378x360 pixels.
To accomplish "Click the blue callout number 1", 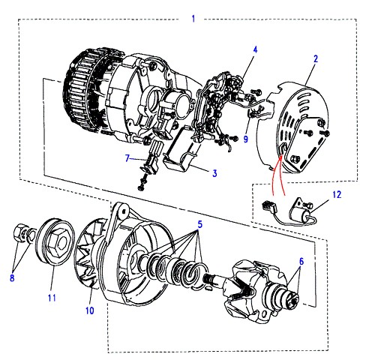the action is (x=193, y=19).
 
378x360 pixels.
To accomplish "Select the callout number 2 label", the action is (x=316, y=58).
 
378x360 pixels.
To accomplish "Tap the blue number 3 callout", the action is (x=214, y=173).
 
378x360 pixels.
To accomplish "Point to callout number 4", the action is (x=255, y=49).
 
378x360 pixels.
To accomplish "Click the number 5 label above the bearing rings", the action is (x=200, y=224).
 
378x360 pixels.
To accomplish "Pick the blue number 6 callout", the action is (x=301, y=262).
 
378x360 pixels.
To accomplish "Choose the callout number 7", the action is (x=127, y=158).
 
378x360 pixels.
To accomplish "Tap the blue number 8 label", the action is (x=12, y=277).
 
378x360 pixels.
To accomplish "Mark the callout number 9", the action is (x=246, y=139).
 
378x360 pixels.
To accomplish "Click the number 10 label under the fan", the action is (x=90, y=310).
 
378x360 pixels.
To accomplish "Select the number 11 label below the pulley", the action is (x=52, y=298).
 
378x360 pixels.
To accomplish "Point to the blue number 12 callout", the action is (x=337, y=194).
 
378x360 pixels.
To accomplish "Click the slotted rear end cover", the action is (x=295, y=127).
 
